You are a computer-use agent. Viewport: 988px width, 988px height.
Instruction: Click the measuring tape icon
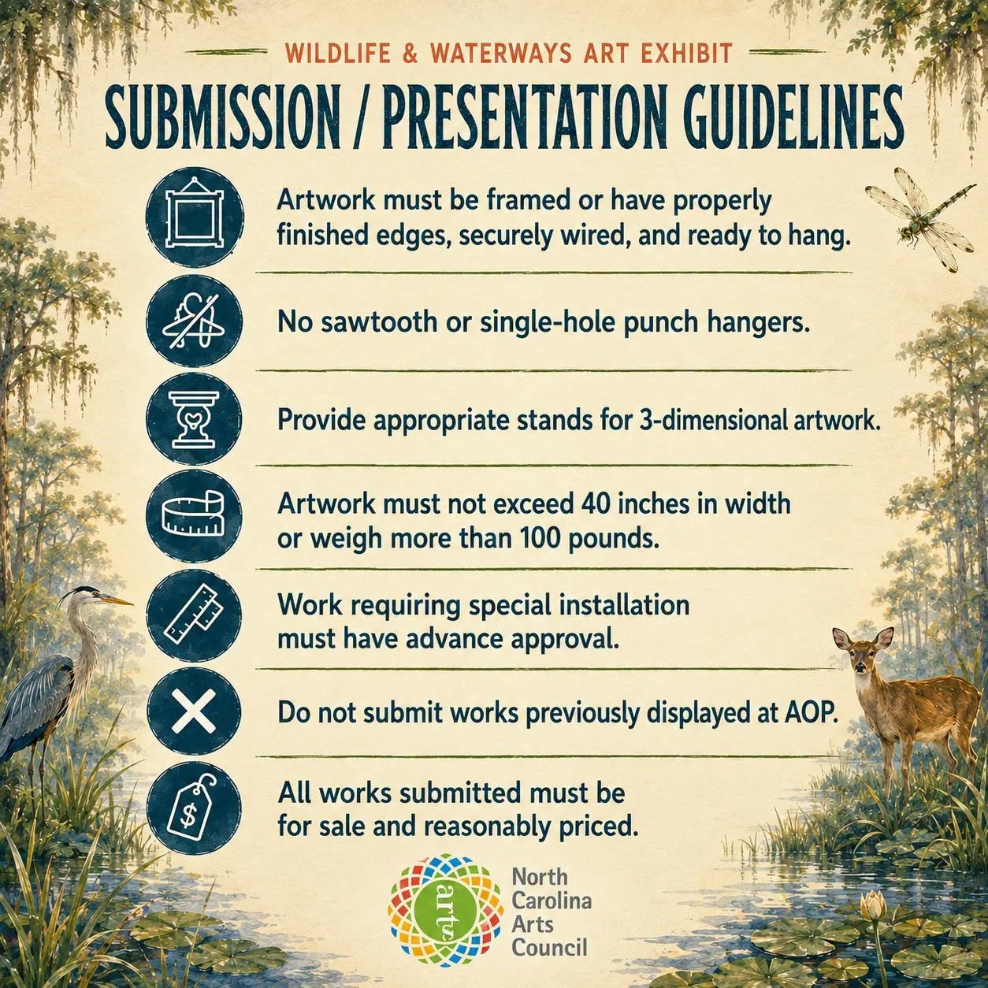coord(195,514)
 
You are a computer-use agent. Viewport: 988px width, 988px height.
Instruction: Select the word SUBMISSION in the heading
coord(222,117)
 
